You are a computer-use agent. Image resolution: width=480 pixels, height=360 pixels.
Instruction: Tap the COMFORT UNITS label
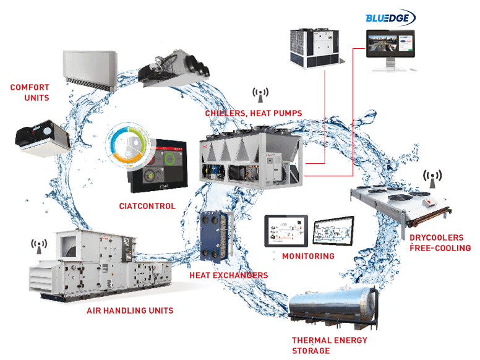(x=29, y=92)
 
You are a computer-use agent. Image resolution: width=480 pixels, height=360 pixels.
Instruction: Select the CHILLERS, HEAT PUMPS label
(x=254, y=113)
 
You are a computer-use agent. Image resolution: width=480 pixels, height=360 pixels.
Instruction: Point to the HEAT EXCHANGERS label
(x=228, y=275)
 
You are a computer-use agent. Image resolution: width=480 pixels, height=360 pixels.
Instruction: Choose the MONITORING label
(x=308, y=255)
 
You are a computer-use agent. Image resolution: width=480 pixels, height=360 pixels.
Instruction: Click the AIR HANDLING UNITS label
(x=130, y=310)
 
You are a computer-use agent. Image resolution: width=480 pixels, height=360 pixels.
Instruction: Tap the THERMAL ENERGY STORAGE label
(x=329, y=345)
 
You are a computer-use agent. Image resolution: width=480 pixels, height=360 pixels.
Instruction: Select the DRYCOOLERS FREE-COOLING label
(x=440, y=242)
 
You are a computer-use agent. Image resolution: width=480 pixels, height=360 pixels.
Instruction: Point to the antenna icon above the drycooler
(x=432, y=178)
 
